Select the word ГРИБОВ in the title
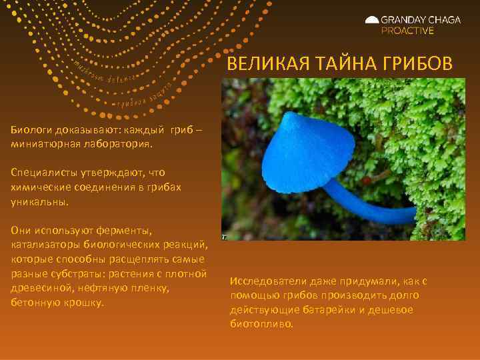[x=413, y=63]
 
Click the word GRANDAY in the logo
[x=407, y=20]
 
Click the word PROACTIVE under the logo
[x=407, y=31]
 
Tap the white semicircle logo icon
[x=372, y=21]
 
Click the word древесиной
[x=39, y=288]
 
